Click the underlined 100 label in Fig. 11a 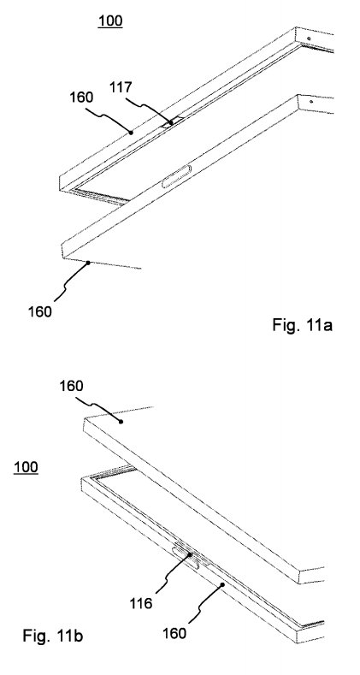(x=110, y=21)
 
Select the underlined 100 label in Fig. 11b (x=26, y=467)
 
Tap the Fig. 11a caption (x=303, y=324)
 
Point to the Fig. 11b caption (x=53, y=636)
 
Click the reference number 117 (x=121, y=87)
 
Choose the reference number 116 (x=141, y=603)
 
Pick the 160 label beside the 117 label (x=81, y=98)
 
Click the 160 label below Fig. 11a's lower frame (x=40, y=311)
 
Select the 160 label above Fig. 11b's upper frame (x=71, y=386)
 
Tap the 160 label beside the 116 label (x=174, y=633)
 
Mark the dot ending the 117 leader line (x=171, y=122)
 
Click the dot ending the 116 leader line (x=189, y=555)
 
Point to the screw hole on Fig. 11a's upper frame (x=309, y=38)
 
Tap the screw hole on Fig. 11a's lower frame (x=311, y=102)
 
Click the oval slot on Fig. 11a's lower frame (x=176, y=176)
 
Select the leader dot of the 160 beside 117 (x=131, y=133)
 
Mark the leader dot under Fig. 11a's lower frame (x=89, y=262)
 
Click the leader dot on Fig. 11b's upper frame (x=121, y=422)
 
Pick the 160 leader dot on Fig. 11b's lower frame (x=222, y=584)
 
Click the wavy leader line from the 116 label (x=168, y=577)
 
